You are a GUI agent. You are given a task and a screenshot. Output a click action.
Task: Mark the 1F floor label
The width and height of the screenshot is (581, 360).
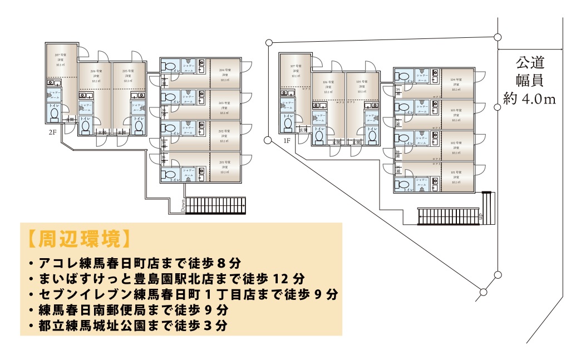pos(287,141)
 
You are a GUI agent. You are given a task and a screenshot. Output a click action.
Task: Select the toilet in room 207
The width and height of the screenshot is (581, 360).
pos(55,114)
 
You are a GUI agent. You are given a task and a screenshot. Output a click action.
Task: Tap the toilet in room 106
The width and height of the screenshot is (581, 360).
pos(319,136)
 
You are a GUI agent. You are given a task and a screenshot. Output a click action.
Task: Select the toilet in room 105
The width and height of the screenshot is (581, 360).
pos(372,135)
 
